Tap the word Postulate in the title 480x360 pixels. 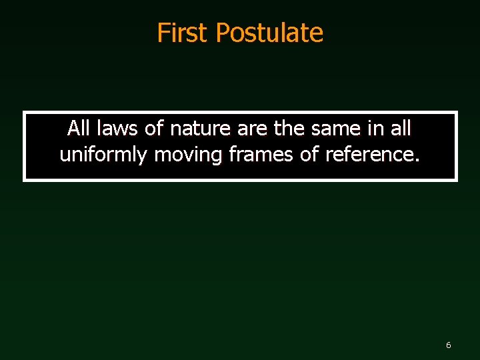[270, 33]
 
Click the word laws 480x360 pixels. [117, 127]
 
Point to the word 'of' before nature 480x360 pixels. [153, 127]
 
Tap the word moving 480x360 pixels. [189, 155]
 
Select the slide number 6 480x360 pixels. [448, 345]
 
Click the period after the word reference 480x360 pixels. [417, 160]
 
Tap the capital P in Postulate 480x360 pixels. [223, 33]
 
